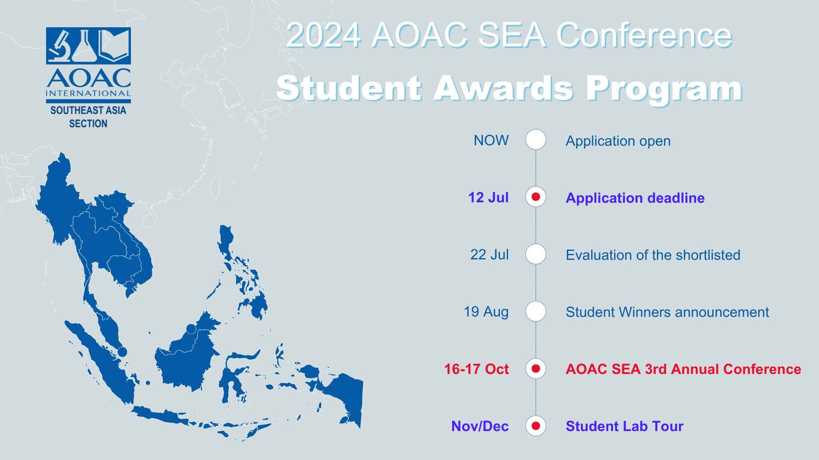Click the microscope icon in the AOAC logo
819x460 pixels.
pyautogui.click(x=59, y=45)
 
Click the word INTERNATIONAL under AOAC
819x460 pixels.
pyautogui.click(x=88, y=93)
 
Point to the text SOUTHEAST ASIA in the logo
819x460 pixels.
pyautogui.click(x=88, y=110)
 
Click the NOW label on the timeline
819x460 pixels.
pyautogui.click(x=491, y=141)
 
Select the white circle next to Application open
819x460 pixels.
pyautogui.click(x=536, y=140)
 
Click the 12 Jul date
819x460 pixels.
pyautogui.click(x=488, y=198)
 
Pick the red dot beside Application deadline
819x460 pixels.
pyautogui.click(x=536, y=197)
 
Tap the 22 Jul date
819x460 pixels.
pyautogui.click(x=489, y=255)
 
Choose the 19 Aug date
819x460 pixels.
pyautogui.click(x=486, y=312)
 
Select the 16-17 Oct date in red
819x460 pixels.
pyautogui.click(x=476, y=369)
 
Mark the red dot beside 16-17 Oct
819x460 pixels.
pyautogui.click(x=536, y=368)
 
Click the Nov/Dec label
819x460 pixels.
pyautogui.click(x=480, y=426)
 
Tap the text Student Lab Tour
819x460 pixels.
pyautogui.click(x=624, y=426)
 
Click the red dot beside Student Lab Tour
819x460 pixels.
pyautogui.click(x=536, y=425)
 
